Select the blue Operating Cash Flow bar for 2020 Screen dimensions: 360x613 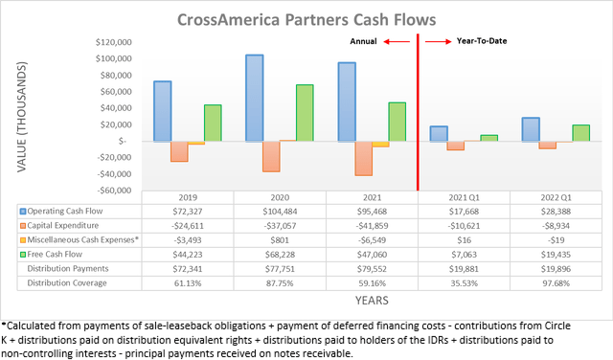(x=255, y=98)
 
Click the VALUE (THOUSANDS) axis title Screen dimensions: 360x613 (x=21, y=120)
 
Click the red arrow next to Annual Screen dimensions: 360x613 (x=396, y=42)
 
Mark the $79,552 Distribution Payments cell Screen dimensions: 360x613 (x=372, y=268)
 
